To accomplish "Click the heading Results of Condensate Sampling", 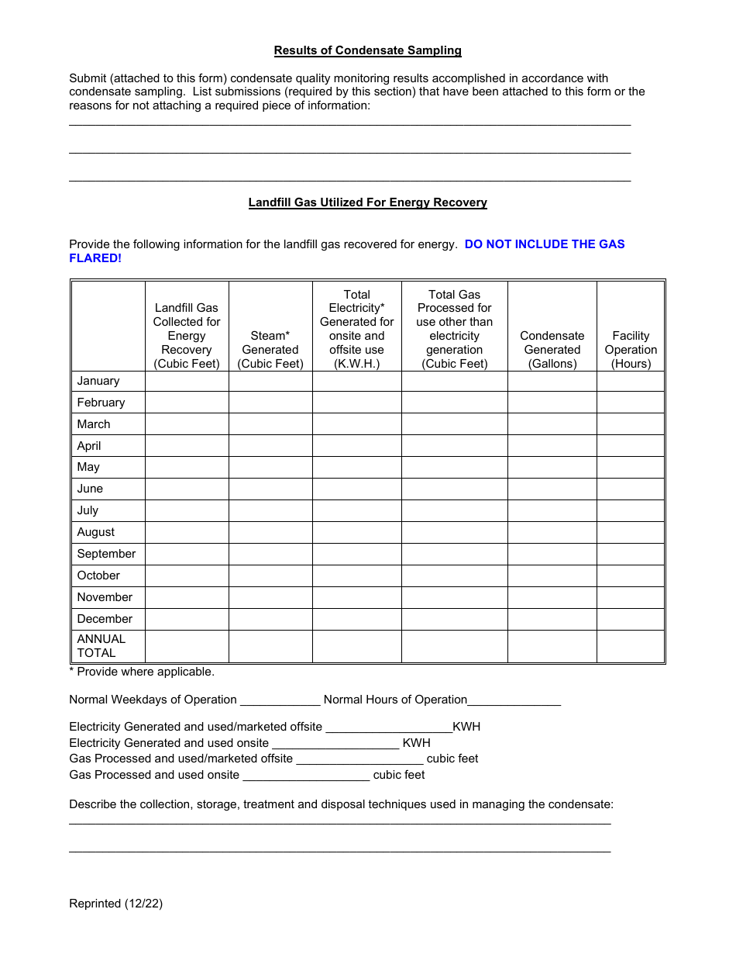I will (367, 50).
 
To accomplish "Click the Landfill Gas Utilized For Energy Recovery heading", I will (367, 202).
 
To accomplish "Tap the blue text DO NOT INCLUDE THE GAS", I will (545, 244).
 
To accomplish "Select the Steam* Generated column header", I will (270, 349).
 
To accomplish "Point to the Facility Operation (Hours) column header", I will (631, 349).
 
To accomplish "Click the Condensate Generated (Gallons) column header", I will (552, 349).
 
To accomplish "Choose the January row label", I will (98, 381).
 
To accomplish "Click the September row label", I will (106, 554).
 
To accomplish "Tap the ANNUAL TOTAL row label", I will (101, 646).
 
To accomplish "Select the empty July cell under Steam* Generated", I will (270, 510).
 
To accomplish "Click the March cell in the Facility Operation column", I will (631, 424).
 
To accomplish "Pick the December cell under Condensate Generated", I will (552, 619).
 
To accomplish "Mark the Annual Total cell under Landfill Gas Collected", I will (187, 646).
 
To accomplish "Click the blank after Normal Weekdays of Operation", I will (280, 700).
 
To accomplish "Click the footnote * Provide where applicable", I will (142, 672).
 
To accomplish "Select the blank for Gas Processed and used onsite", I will (306, 775).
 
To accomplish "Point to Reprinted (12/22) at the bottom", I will (116, 903).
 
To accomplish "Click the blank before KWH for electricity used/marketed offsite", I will (388, 728).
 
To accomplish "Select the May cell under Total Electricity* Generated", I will (357, 467).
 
